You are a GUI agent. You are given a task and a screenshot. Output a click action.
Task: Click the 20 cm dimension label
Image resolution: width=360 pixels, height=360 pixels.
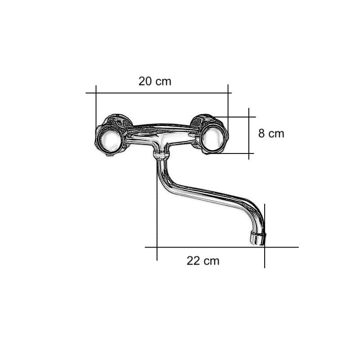click(155, 81)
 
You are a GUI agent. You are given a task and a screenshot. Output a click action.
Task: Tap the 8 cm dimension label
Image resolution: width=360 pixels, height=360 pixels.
click(271, 133)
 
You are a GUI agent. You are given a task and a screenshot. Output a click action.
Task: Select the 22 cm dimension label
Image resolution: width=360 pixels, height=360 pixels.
click(203, 261)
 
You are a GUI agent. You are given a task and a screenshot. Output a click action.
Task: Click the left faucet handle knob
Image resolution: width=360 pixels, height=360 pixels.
click(111, 139)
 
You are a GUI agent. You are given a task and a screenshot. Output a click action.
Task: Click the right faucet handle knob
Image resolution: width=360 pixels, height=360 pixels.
click(212, 138)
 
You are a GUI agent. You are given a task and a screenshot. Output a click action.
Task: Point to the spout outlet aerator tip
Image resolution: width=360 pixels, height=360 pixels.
click(258, 238)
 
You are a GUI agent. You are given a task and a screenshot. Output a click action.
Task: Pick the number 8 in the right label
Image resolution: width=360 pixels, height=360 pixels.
click(261, 133)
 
